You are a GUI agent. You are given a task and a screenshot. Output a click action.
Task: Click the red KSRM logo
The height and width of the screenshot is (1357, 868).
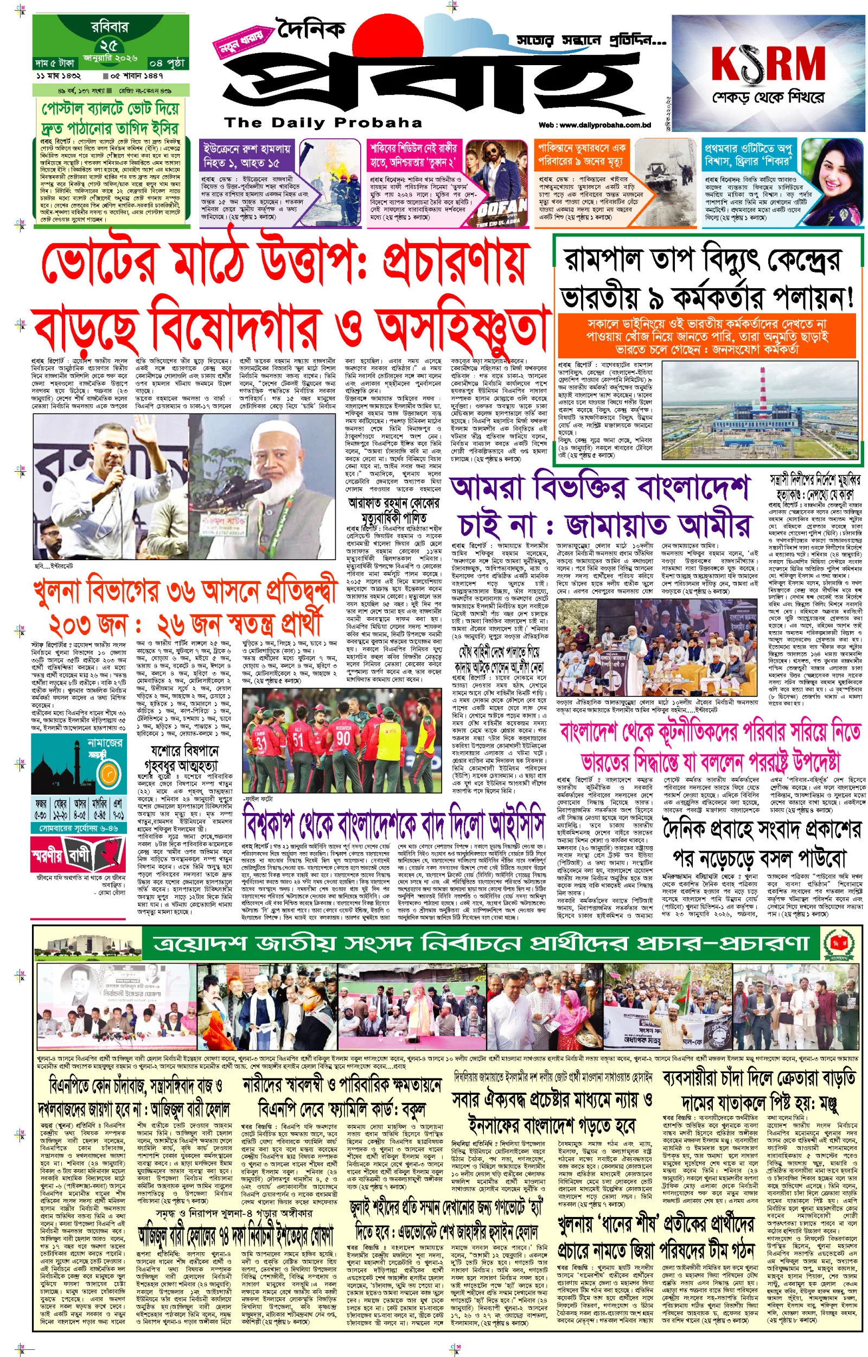pyautogui.click(x=768, y=63)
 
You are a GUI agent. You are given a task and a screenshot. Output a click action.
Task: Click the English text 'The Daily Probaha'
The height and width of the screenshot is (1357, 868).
pyautogui.click(x=323, y=122)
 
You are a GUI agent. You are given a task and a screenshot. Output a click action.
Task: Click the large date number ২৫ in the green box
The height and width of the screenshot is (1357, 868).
pyautogui.click(x=109, y=45)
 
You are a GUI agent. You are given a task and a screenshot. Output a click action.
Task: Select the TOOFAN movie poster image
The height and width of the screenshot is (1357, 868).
pyautogui.click(x=494, y=183)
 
